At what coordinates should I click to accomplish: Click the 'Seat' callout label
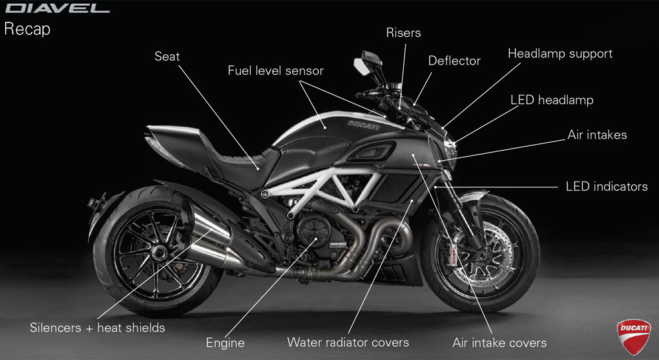(x=167, y=56)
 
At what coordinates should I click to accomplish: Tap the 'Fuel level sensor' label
(x=275, y=70)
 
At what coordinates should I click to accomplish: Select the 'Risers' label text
(x=403, y=32)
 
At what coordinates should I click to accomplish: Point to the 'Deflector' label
(x=454, y=61)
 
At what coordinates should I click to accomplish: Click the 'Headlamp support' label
(x=560, y=53)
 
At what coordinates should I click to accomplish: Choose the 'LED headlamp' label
(x=551, y=100)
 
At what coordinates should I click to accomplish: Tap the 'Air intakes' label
(x=597, y=135)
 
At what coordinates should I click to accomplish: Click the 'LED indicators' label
(x=606, y=187)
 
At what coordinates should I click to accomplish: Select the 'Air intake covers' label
(x=499, y=343)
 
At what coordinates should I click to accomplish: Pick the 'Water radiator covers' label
(x=348, y=342)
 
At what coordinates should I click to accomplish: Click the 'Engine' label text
(x=225, y=343)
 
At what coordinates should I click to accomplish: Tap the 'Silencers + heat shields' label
(x=97, y=327)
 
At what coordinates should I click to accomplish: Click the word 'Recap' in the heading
(x=27, y=29)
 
